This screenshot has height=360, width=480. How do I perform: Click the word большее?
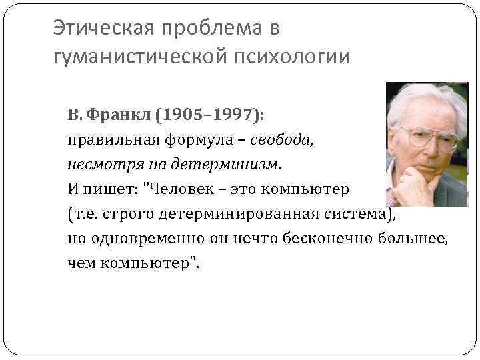(x=413, y=238)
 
